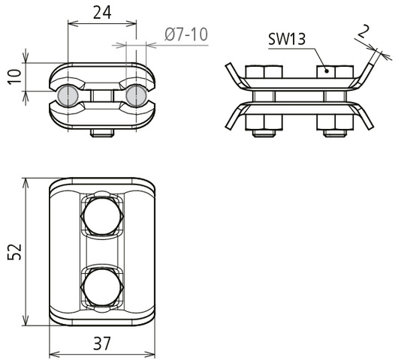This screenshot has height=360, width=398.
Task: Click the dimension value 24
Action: (x=102, y=13)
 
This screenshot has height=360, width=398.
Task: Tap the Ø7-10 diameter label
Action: (x=186, y=34)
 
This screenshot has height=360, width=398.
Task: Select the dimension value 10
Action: (x=15, y=76)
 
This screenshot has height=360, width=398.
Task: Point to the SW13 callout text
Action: (x=287, y=39)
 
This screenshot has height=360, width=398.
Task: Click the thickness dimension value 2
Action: (x=363, y=31)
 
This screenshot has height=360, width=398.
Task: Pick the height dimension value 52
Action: (x=14, y=251)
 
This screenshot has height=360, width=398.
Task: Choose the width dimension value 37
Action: (x=102, y=343)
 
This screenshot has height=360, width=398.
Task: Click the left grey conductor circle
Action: (x=68, y=96)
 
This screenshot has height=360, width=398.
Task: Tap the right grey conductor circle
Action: (x=137, y=96)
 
